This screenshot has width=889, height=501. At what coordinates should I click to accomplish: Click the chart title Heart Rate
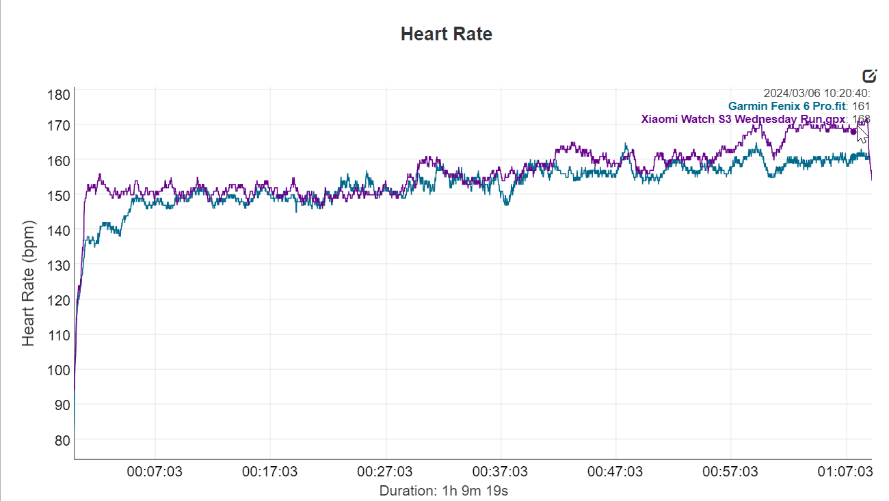click(446, 34)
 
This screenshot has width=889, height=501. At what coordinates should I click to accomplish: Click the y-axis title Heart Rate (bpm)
click(28, 283)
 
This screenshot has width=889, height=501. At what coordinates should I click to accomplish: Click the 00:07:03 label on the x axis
click(155, 472)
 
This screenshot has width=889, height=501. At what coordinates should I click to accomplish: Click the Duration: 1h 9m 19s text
click(444, 490)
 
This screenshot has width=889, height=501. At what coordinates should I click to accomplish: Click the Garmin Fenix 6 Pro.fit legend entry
click(787, 106)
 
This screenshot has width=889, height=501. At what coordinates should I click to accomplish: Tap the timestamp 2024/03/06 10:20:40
click(816, 93)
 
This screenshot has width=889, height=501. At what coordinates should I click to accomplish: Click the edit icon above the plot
click(870, 76)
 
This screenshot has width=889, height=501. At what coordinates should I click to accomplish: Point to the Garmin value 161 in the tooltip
click(861, 106)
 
